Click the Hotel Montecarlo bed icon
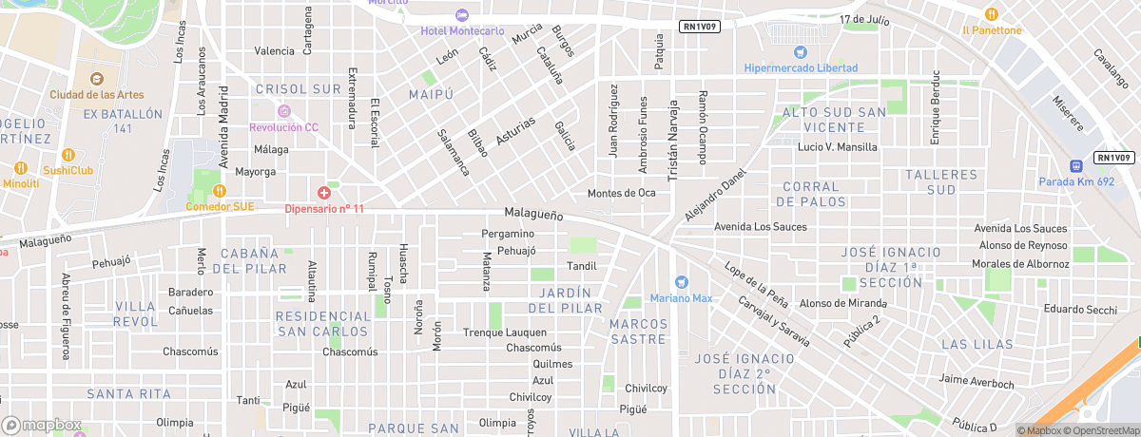[x=462, y=15]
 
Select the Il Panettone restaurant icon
[x=991, y=14]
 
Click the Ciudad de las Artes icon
[x=95, y=78]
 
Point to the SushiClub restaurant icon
[x=68, y=155]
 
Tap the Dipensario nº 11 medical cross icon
[x=323, y=193]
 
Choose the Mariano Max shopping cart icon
[x=681, y=282]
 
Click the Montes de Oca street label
[x=622, y=193]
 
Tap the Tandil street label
[x=581, y=266]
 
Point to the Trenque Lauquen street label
[x=505, y=332]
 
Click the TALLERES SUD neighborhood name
[x=941, y=182]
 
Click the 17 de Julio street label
[x=863, y=19]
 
